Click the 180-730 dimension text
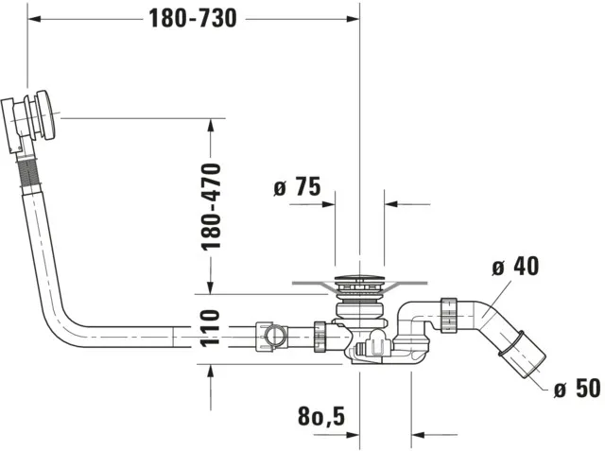pyautogui.click(x=193, y=18)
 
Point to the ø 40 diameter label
pyautogui.click(x=515, y=267)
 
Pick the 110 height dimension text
pyautogui.click(x=210, y=328)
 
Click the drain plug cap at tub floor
pyautogui.click(x=359, y=281)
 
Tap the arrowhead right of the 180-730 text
pyautogui.click(x=352, y=18)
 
